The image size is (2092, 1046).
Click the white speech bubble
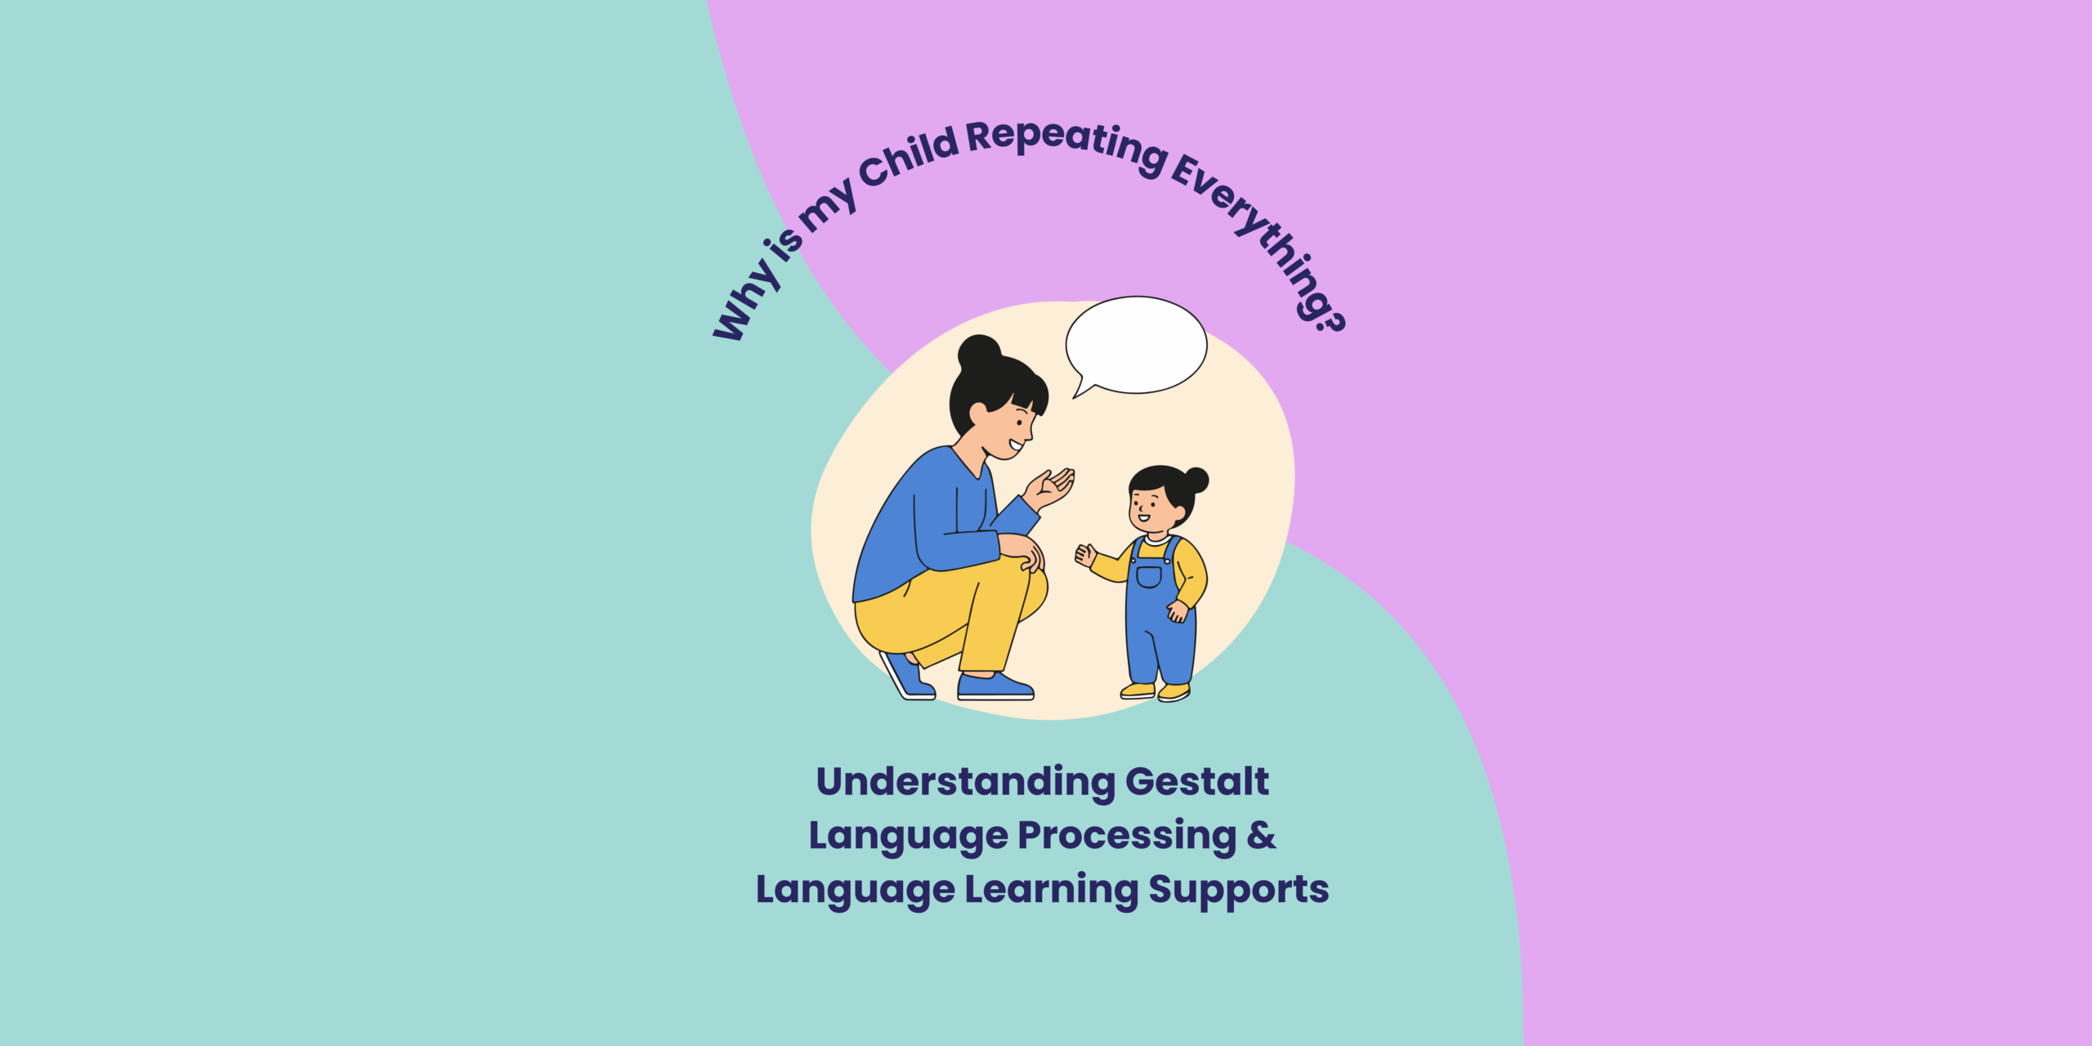pyautogui.click(x=1136, y=345)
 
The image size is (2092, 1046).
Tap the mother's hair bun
pyautogui.click(x=979, y=354)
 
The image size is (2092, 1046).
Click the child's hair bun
pyautogui.click(x=1196, y=481)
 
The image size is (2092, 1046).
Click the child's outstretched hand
pyautogui.click(x=1085, y=556)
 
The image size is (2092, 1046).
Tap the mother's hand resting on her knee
pyautogui.click(x=1023, y=552)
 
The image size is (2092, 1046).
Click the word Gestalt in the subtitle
pyautogui.click(x=1197, y=781)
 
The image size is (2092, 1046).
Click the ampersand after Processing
pyautogui.click(x=1262, y=835)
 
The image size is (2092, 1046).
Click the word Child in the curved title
pyautogui.click(x=908, y=156)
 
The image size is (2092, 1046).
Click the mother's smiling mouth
pyautogui.click(x=1016, y=445)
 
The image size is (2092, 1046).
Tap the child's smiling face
pyautogui.click(x=1151, y=507)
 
